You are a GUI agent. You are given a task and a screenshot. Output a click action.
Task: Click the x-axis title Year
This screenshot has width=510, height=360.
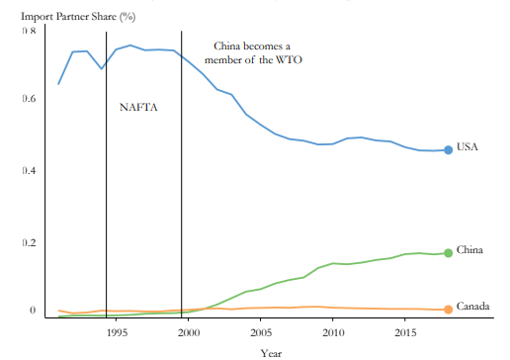click(271, 352)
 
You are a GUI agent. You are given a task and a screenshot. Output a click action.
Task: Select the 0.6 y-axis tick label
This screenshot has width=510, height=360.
click(30, 99)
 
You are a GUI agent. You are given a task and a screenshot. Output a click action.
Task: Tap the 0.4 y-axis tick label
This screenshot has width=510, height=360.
click(30, 170)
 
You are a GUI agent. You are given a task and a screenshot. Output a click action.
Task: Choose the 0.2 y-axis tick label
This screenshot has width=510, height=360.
click(30, 242)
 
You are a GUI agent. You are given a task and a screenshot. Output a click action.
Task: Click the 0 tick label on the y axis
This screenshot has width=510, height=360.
click(32, 310)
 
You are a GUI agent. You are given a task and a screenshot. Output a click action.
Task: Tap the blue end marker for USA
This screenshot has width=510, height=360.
click(448, 149)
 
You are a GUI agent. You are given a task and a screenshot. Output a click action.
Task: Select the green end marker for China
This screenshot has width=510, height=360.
click(448, 253)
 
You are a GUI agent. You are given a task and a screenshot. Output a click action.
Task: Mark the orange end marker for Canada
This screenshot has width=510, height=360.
click(448, 310)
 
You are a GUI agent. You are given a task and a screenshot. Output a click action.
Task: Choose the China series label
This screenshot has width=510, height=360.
click(469, 249)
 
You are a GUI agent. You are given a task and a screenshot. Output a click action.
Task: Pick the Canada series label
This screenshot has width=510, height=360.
click(473, 307)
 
